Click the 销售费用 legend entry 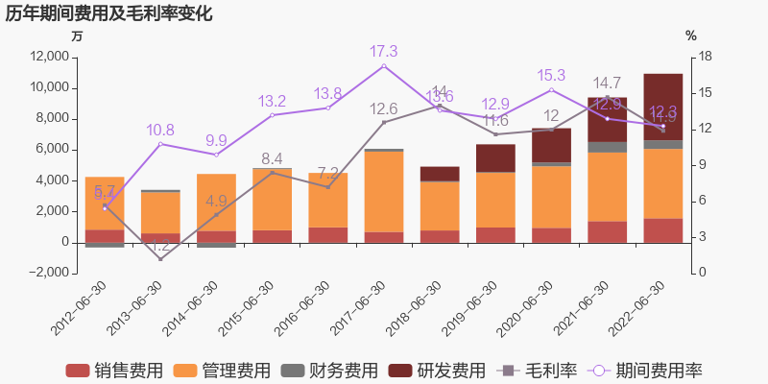(x=114, y=371)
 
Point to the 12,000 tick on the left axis (x=48, y=57)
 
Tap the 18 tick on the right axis (x=704, y=57)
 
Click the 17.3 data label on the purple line (x=383, y=51)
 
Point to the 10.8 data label (x=160, y=131)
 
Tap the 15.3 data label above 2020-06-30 (x=551, y=75)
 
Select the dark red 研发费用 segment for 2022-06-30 (x=662, y=107)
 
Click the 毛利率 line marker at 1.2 (x=160, y=258)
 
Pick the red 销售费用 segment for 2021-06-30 (x=607, y=231)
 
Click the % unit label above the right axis (x=691, y=36)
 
